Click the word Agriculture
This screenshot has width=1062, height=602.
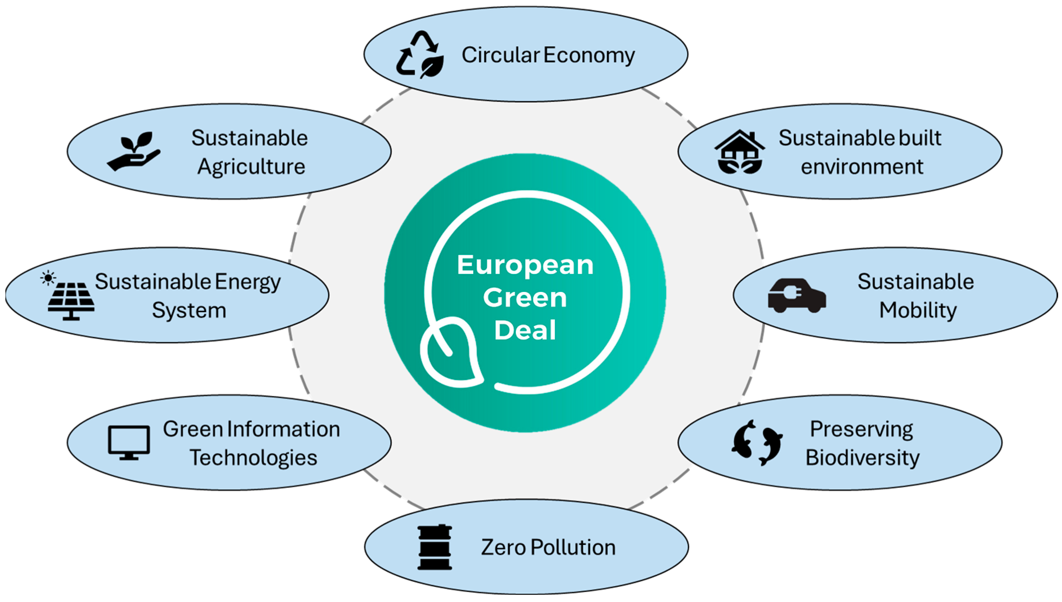coord(251,167)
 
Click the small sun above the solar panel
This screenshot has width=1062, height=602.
coord(48,278)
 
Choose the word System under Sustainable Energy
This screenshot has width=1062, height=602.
coord(189,310)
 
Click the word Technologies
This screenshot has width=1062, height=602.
coord(253,458)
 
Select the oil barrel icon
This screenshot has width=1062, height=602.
coord(434,547)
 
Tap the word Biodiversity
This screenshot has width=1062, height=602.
coord(862,458)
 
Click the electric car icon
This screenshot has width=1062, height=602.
coord(796,296)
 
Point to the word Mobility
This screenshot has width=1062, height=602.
coord(918,310)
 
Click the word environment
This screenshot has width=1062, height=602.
coord(862,167)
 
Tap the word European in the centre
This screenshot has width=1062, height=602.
coord(525,265)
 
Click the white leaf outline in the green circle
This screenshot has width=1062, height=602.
coord(451,353)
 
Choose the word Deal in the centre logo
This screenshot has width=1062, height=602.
coord(525,330)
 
